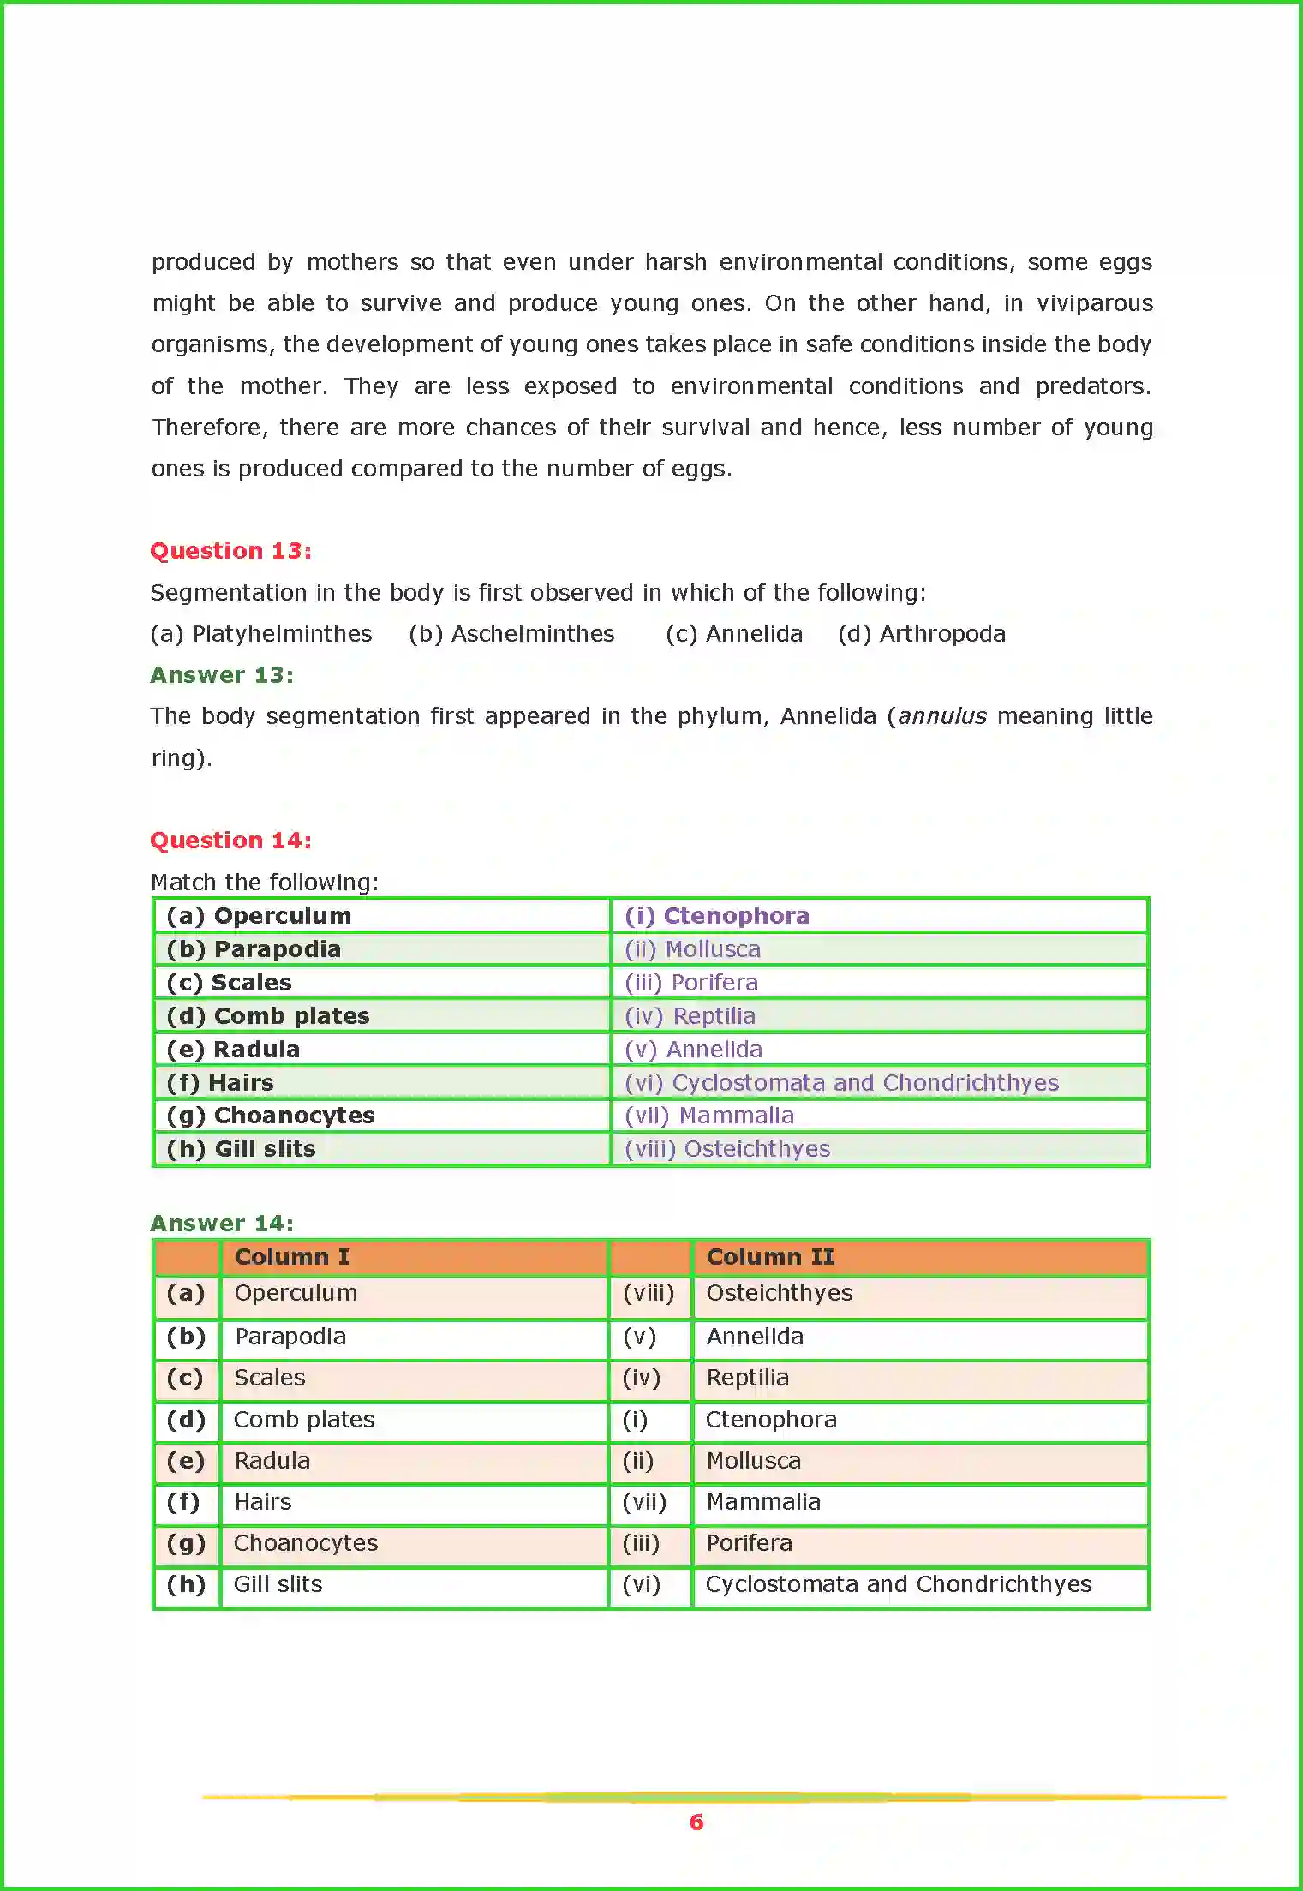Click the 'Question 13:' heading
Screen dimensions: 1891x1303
(230, 551)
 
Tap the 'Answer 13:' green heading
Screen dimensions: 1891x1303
(222, 675)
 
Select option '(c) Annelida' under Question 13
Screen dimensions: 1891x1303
(734, 634)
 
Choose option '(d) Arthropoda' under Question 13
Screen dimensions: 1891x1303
(922, 634)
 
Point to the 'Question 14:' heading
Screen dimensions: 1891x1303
(230, 841)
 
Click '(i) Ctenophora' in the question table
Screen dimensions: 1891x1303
(716, 916)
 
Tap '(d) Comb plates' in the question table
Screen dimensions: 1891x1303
(268, 1016)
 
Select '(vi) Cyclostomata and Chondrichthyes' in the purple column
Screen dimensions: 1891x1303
(841, 1083)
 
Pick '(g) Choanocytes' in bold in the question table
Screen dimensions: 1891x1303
(271, 1116)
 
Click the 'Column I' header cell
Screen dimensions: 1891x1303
(291, 1257)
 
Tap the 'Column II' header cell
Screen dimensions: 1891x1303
(769, 1257)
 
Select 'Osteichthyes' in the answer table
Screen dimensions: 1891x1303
(779, 1293)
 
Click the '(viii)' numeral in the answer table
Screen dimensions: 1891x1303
(649, 1293)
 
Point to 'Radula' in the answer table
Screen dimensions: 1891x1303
(272, 1461)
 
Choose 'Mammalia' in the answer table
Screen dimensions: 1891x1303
(762, 1502)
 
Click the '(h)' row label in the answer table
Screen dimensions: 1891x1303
(186, 1584)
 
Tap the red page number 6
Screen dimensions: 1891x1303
(696, 1822)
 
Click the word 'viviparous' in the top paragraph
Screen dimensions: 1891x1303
(1094, 303)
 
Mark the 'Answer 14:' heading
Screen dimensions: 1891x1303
(222, 1224)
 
